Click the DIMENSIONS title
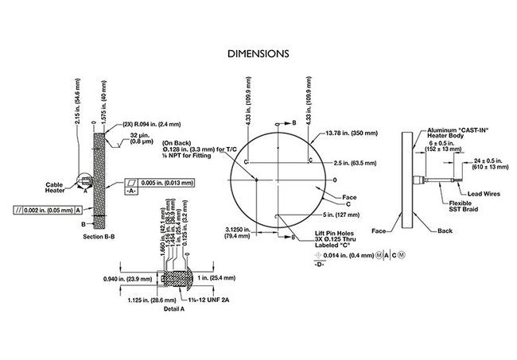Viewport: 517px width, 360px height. click(258, 54)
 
